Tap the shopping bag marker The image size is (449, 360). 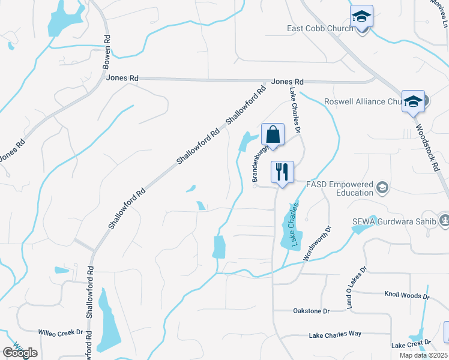point(273,135)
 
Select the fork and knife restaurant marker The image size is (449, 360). point(282,173)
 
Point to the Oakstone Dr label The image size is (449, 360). point(311,311)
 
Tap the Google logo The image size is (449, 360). point(20,352)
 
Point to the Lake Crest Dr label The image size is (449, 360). point(410,346)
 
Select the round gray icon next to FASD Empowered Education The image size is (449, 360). point(381,188)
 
